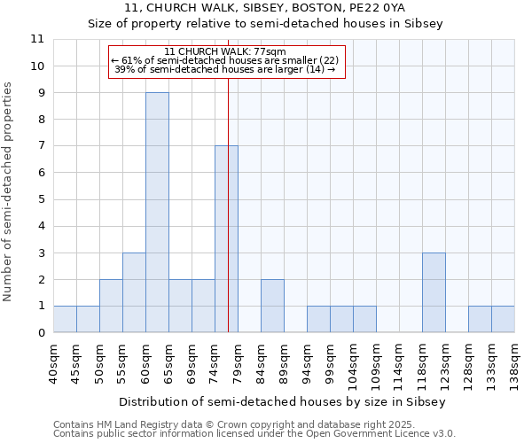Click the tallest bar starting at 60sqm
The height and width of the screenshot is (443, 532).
click(x=157, y=213)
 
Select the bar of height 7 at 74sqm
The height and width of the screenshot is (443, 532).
click(x=226, y=239)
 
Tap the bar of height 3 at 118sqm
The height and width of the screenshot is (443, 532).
click(x=434, y=292)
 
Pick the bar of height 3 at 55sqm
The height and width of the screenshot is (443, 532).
click(x=134, y=292)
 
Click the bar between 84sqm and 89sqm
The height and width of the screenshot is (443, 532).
click(x=272, y=306)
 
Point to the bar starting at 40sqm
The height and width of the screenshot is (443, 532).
click(x=65, y=319)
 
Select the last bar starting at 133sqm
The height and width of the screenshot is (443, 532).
click(x=503, y=319)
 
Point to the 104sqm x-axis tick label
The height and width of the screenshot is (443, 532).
click(x=353, y=363)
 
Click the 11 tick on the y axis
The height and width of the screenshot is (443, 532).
click(x=37, y=39)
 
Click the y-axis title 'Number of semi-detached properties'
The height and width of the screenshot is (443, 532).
click(x=9, y=191)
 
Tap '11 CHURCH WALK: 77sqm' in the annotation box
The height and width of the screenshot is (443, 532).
click(x=225, y=51)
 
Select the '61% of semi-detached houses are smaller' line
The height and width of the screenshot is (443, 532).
click(x=225, y=60)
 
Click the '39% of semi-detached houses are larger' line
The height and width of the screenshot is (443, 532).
click(x=225, y=69)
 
